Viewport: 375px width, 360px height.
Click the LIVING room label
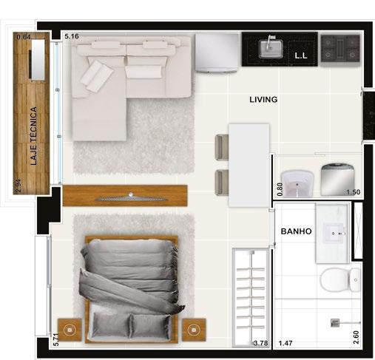pyautogui.click(x=263, y=100)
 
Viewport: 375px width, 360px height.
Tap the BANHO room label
pyautogui.click(x=296, y=231)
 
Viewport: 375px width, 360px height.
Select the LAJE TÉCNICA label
pyautogui.click(x=33, y=136)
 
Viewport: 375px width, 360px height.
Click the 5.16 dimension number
pyautogui.click(x=72, y=36)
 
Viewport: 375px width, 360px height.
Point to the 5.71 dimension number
pyautogui.click(x=56, y=340)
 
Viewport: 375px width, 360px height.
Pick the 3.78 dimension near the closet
pyautogui.click(x=260, y=343)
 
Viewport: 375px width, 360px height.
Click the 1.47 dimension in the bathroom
pyautogui.click(x=286, y=343)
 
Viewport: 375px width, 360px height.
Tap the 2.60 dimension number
pyautogui.click(x=356, y=337)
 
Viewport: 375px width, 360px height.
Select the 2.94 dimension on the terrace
pyautogui.click(x=18, y=186)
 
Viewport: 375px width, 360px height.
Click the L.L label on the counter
pyautogui.click(x=301, y=56)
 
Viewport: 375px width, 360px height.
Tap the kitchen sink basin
pyautogui.click(x=271, y=48)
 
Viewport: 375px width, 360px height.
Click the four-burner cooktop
pyautogui.click(x=340, y=49)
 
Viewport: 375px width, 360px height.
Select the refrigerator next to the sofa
pyautogui.click(x=217, y=53)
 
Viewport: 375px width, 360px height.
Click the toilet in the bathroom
pyautogui.click(x=340, y=280)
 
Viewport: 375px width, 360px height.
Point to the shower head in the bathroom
pyautogui.click(x=335, y=323)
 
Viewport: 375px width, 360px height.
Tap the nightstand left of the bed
pyautogui.click(x=70, y=330)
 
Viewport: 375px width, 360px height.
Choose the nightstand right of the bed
pyautogui.click(x=194, y=330)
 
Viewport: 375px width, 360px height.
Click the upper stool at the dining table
pyautogui.click(x=222, y=147)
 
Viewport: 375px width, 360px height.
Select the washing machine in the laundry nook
pyautogui.click(x=337, y=180)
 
